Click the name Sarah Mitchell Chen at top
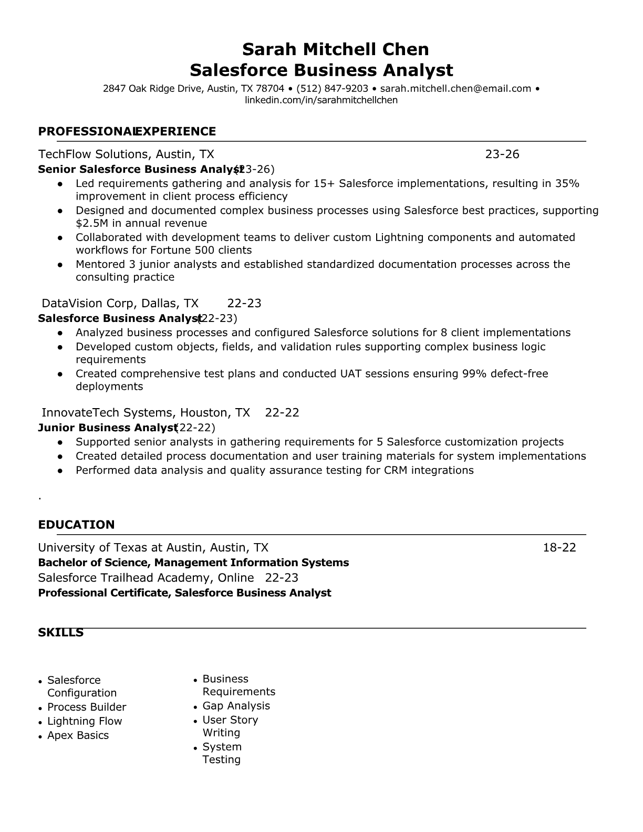(x=335, y=49)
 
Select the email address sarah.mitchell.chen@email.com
(x=455, y=88)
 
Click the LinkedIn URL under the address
(x=321, y=100)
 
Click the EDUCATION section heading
(x=76, y=525)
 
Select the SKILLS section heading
(x=60, y=632)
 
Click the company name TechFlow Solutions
(x=94, y=154)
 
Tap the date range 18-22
(x=559, y=547)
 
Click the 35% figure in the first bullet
(x=567, y=183)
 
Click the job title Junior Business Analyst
(x=107, y=428)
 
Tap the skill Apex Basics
(x=78, y=735)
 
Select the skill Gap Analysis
(x=236, y=706)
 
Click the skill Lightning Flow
(x=85, y=721)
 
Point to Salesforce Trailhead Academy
(x=146, y=578)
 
